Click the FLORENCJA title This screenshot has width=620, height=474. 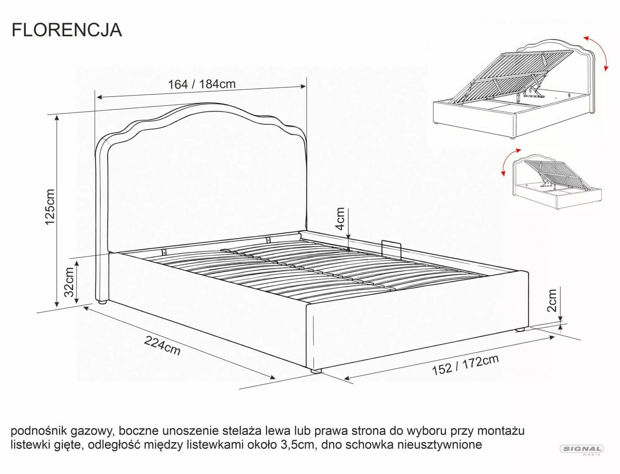[x=67, y=30]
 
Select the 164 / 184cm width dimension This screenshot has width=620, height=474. [x=202, y=84]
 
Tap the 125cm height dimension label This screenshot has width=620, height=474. [x=51, y=207]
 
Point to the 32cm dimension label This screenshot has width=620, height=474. [x=69, y=282]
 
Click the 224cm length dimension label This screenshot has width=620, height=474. [x=162, y=345]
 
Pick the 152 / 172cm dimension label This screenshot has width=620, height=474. [x=465, y=365]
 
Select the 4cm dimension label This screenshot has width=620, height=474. [x=340, y=219]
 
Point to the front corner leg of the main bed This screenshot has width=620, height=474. [x=316, y=371]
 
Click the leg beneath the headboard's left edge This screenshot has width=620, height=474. [x=102, y=302]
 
